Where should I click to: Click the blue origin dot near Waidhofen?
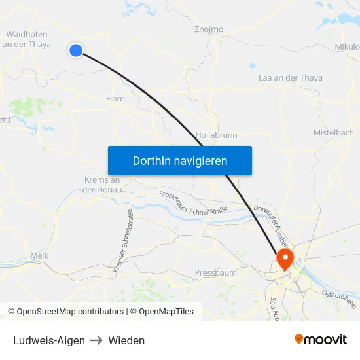click(76, 50)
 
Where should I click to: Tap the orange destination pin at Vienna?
click(285, 257)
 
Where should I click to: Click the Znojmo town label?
click(209, 29)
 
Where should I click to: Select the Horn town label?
click(115, 99)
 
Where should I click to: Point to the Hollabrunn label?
click(216, 135)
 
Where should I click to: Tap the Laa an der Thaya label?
click(291, 78)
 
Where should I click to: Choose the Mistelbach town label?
click(333, 132)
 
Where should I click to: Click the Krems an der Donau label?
click(101, 185)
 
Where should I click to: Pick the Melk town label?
click(39, 255)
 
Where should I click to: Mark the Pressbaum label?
click(215, 272)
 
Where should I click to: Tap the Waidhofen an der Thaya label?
click(27, 39)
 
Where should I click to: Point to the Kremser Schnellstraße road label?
click(123, 241)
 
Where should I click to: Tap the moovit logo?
click(321, 339)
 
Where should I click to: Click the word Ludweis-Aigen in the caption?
click(49, 340)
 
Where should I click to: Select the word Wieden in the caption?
click(126, 340)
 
